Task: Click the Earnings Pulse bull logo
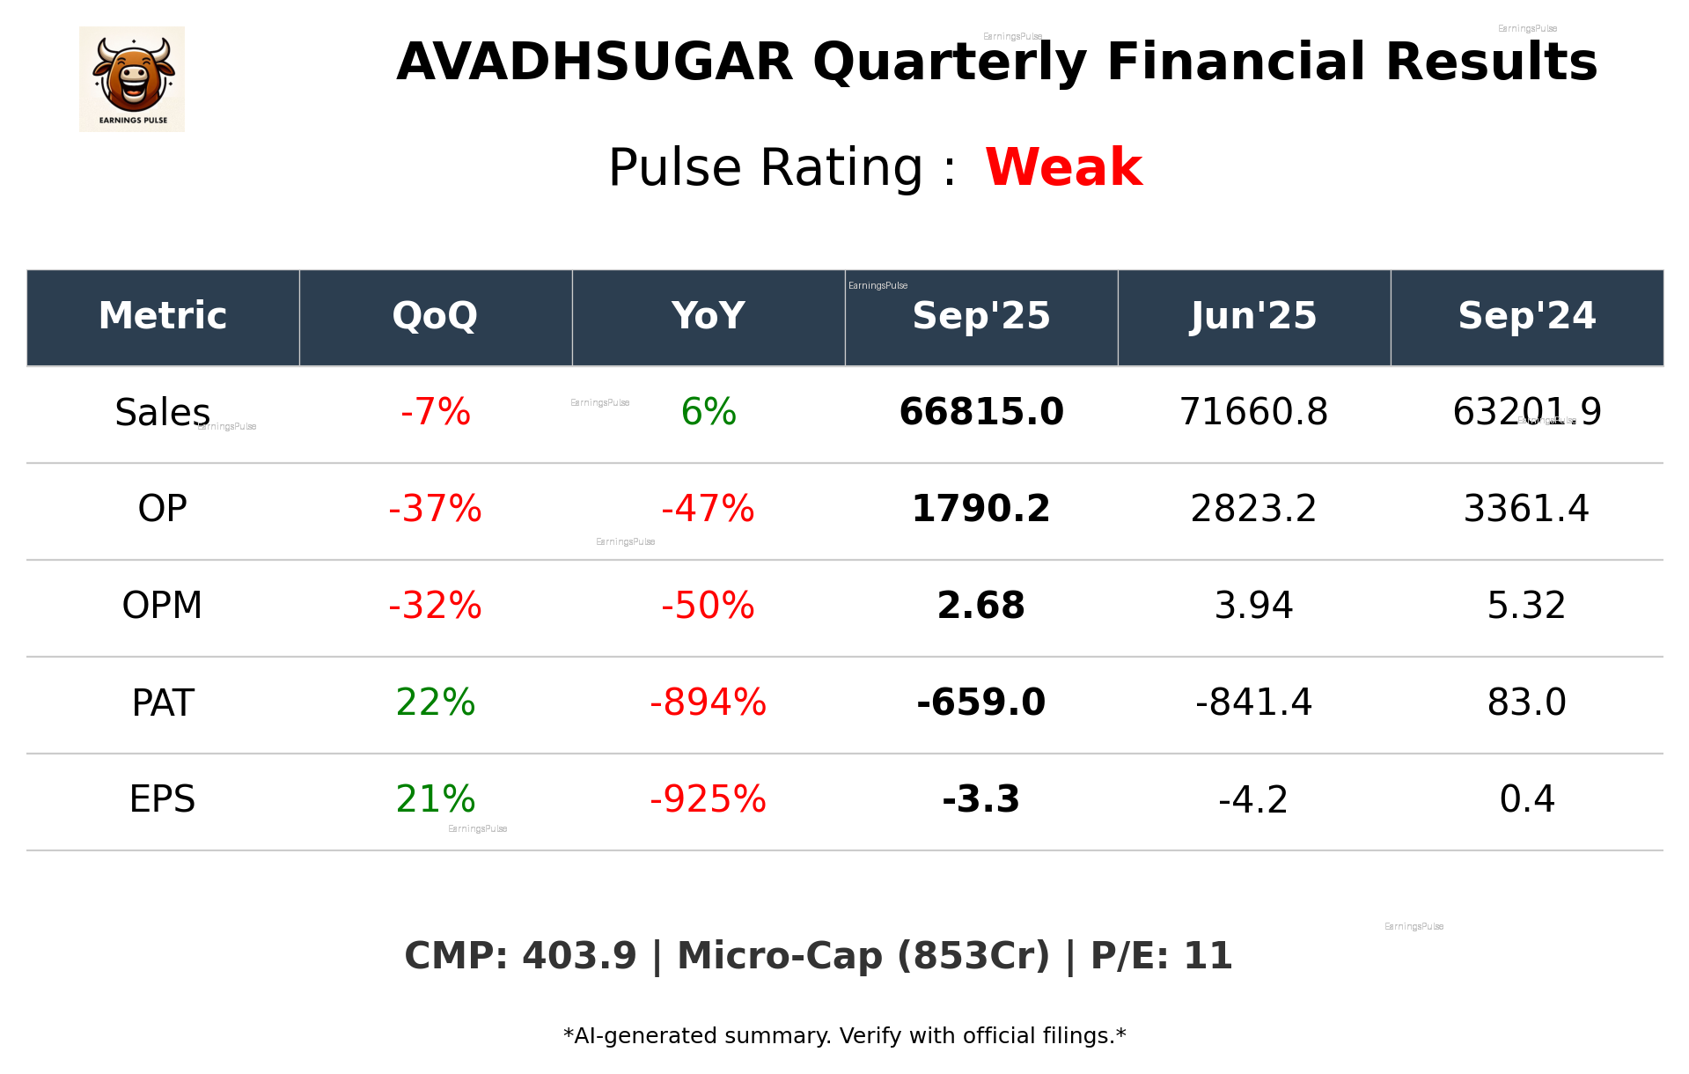click(x=132, y=78)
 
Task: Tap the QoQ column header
click(x=435, y=316)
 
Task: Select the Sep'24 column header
click(x=1526, y=316)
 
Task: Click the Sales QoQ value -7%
click(x=435, y=412)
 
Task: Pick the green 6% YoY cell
click(x=709, y=412)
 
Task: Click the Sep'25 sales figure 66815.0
click(x=980, y=412)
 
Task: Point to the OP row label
click(x=163, y=509)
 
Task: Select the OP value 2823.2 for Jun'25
click(x=1253, y=509)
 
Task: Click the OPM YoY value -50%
click(x=708, y=606)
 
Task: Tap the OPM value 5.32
click(x=1526, y=606)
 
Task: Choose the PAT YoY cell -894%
click(x=708, y=703)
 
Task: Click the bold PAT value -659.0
click(x=980, y=703)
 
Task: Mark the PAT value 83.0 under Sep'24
click(x=1526, y=703)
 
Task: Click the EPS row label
click(x=163, y=799)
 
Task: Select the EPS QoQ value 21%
click(x=435, y=799)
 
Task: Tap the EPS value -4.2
click(x=1253, y=799)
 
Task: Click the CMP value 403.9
click(x=578, y=956)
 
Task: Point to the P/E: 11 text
click(x=1161, y=956)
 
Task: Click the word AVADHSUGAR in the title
click(x=595, y=63)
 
